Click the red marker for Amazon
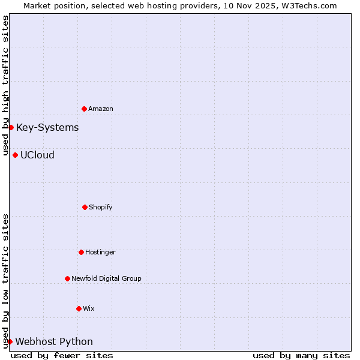pyautogui.click(x=84, y=109)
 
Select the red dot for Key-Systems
pyautogui.click(x=11, y=127)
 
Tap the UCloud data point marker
pyautogui.click(x=15, y=155)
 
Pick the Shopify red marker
pyautogui.click(x=85, y=207)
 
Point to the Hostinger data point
pyautogui.click(x=81, y=252)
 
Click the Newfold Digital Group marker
pyautogui.click(x=67, y=278)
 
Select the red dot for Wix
pyautogui.click(x=79, y=308)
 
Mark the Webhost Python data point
pyautogui.click(x=10, y=341)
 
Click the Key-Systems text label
pyautogui.click(x=47, y=127)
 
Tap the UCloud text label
pyautogui.click(x=37, y=155)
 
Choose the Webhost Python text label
pyautogui.click(x=54, y=341)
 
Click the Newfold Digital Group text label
pyautogui.click(x=106, y=278)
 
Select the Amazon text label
pyautogui.click(x=101, y=109)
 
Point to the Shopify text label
pyautogui.click(x=101, y=207)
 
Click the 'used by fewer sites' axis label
pyautogui.click(x=62, y=355)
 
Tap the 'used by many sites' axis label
pyautogui.click(x=301, y=355)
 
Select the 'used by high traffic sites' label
pyautogui.click(x=5, y=84)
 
